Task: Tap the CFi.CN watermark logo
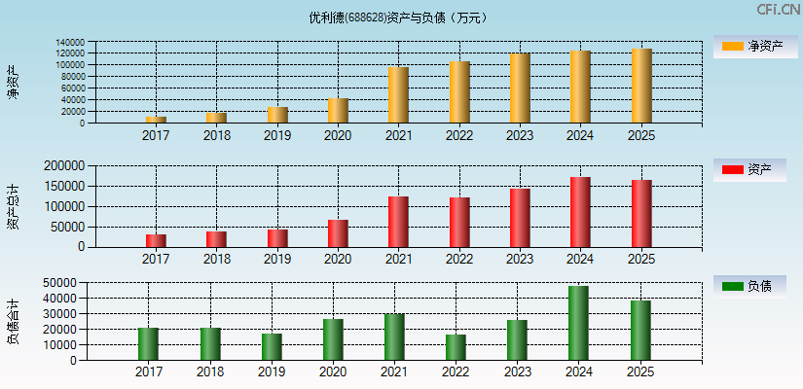tap(779, 10)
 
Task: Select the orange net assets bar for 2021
tap(398, 95)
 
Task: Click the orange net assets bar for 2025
tap(641, 86)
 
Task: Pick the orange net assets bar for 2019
tap(277, 115)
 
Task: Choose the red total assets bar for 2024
tap(580, 212)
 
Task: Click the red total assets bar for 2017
tap(156, 240)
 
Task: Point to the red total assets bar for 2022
tap(459, 222)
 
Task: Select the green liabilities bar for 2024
tap(579, 323)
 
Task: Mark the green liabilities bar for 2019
tap(272, 347)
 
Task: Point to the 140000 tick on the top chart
tap(69, 42)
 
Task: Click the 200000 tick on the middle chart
tap(63, 166)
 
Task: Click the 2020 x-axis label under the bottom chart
tap(332, 372)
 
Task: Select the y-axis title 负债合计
tap(13, 321)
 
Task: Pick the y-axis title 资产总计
tap(13, 205)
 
